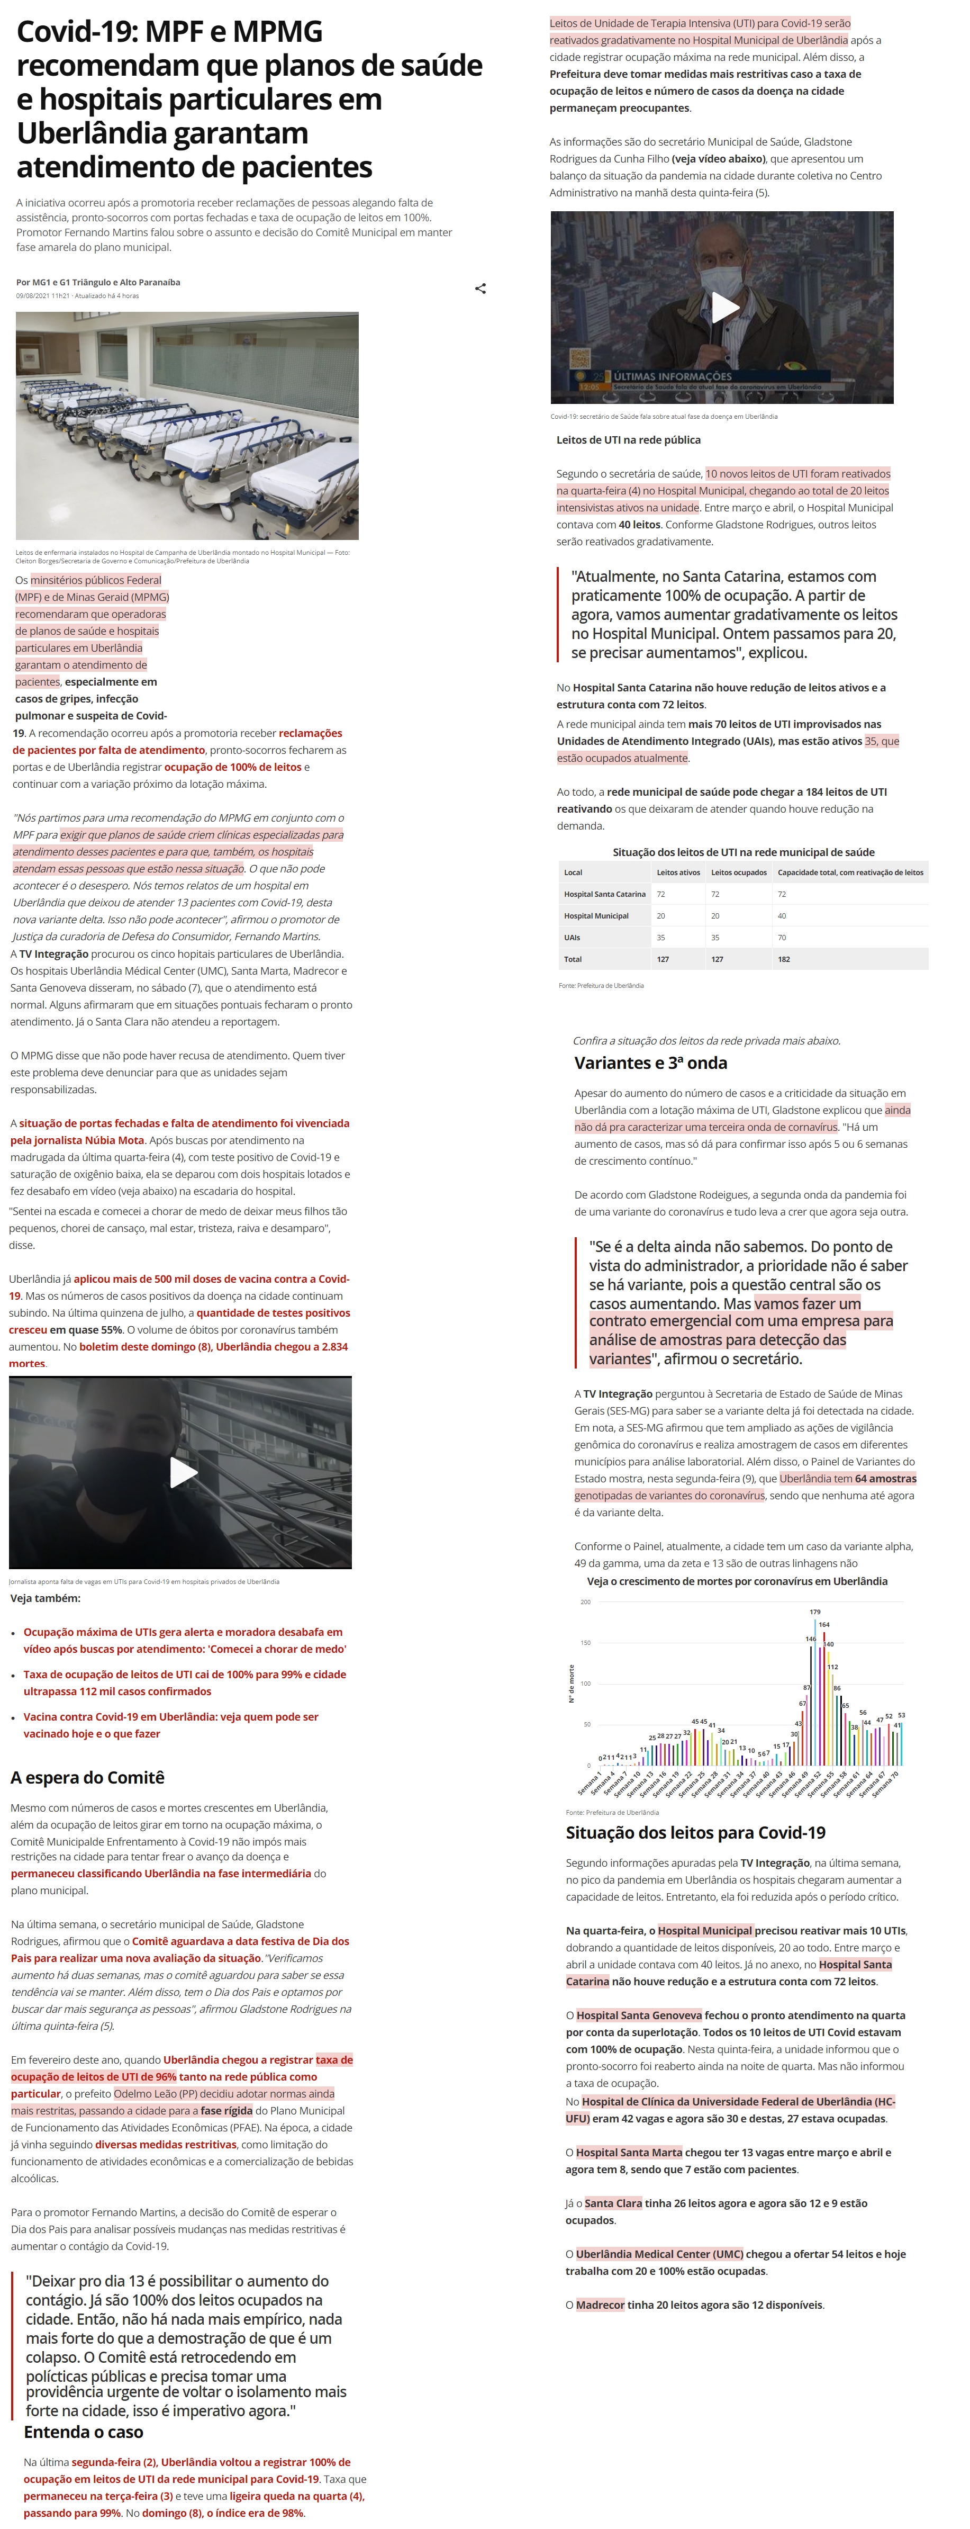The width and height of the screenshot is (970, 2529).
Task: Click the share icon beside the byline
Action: click(480, 289)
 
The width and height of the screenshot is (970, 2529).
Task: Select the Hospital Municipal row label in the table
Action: click(596, 916)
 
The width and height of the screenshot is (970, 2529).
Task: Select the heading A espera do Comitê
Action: click(87, 1777)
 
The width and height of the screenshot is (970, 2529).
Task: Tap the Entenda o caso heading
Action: click(84, 2432)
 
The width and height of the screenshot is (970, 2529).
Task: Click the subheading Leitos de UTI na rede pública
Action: click(628, 440)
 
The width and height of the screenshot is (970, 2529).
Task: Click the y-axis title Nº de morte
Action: click(572, 1684)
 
